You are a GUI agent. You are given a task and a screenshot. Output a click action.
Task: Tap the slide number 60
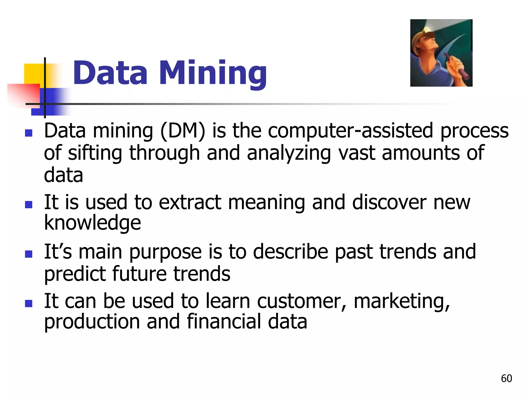point(506,378)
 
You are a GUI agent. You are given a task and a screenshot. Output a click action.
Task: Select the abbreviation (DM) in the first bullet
point(183,131)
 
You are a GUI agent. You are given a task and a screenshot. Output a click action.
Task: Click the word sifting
point(95,153)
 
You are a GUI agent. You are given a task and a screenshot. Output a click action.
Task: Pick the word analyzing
point(289,153)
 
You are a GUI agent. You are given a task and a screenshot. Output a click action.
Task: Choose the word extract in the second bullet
point(190,202)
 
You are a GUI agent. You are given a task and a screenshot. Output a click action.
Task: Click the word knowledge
point(92,223)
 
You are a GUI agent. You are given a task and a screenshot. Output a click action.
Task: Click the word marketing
point(402,301)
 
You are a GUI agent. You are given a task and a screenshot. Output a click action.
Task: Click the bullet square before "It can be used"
point(28,303)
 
